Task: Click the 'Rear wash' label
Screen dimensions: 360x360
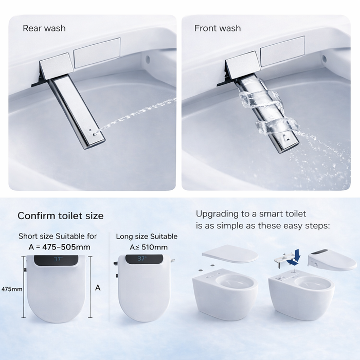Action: tap(44, 28)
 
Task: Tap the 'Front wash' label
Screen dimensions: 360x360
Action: tap(218, 28)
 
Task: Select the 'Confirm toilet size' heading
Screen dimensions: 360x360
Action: tap(60, 216)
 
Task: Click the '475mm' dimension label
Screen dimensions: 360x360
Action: tap(12, 289)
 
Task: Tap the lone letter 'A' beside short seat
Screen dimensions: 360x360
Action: tap(98, 288)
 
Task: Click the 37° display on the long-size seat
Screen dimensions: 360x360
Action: tap(142, 259)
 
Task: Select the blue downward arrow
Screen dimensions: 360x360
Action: tap(296, 256)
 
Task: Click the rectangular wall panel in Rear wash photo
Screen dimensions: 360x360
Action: tap(97, 52)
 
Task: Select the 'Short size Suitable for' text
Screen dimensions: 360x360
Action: tap(58, 236)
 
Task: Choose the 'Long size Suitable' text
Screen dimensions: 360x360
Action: tap(147, 236)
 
